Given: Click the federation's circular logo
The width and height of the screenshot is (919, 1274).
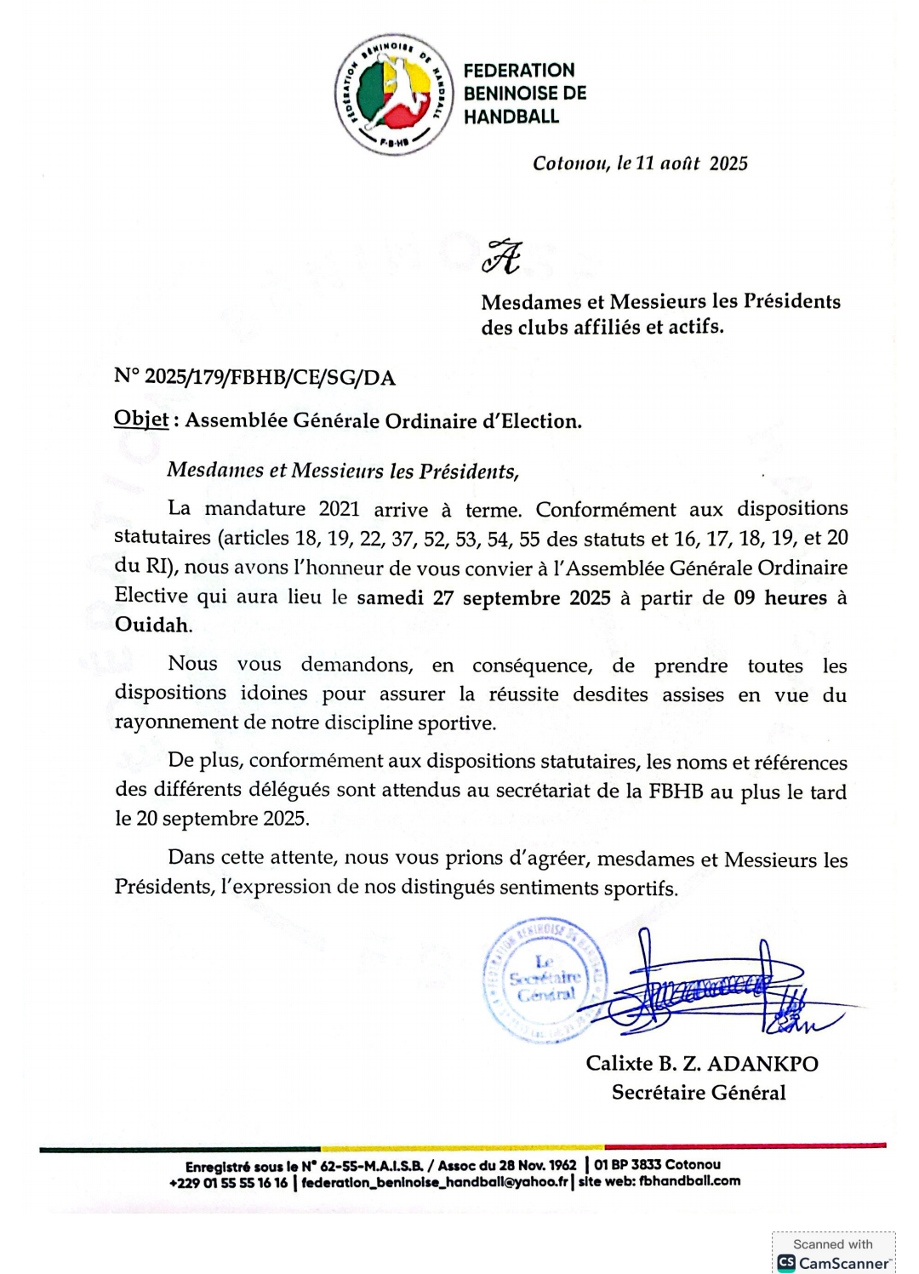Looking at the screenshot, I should [393, 94].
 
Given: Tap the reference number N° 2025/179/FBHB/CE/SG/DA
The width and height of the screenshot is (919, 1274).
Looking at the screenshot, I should [254, 377].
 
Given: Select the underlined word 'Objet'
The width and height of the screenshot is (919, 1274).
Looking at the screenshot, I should [140, 420].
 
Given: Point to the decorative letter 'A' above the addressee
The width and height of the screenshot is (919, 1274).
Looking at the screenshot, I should [501, 256].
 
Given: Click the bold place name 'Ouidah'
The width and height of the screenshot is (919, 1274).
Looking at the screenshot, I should [152, 625].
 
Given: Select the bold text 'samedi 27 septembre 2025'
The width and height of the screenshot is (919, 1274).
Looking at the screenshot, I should [483, 597].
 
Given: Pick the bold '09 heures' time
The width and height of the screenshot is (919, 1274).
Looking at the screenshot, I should [780, 597].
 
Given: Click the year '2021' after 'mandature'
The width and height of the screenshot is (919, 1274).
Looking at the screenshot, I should [339, 509].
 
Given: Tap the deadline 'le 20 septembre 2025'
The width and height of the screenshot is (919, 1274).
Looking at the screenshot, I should [212, 819].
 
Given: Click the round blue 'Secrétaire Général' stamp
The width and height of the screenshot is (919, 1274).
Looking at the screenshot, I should [545, 980].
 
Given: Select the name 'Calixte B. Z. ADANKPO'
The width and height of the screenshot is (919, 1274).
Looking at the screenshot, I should [701, 1064].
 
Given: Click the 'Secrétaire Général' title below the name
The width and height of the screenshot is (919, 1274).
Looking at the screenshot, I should [699, 1093].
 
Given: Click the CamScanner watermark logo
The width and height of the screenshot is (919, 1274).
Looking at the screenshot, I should [785, 1263].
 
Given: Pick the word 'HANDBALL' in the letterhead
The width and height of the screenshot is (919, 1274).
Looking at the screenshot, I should [511, 117].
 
